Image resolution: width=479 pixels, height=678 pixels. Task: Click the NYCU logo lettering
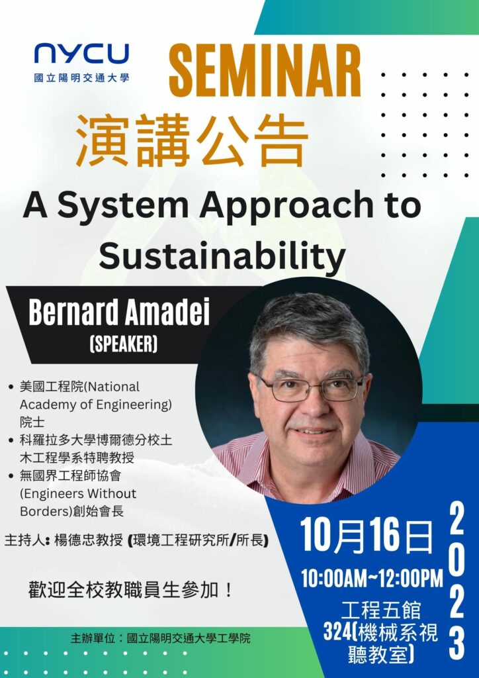tap(81, 54)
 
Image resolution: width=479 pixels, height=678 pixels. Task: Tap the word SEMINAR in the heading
tap(265, 71)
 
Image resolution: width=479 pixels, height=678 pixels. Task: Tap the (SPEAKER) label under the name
tap(123, 344)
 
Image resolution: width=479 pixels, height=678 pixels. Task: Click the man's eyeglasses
tap(311, 388)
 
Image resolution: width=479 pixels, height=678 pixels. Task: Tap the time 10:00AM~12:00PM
tap(372, 578)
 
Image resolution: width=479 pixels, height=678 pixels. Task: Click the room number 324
tap(337, 633)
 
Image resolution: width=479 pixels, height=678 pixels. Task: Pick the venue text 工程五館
tap(380, 610)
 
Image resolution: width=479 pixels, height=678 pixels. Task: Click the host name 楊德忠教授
tap(89, 540)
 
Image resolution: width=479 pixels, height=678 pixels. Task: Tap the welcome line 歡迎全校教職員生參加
tap(130, 590)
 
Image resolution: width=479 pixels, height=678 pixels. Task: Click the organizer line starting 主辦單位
tap(160, 638)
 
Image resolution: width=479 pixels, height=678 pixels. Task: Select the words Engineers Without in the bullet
tap(78, 493)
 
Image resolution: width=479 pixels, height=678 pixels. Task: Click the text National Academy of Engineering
tap(96, 395)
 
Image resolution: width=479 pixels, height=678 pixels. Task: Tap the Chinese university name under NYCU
tap(81, 78)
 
